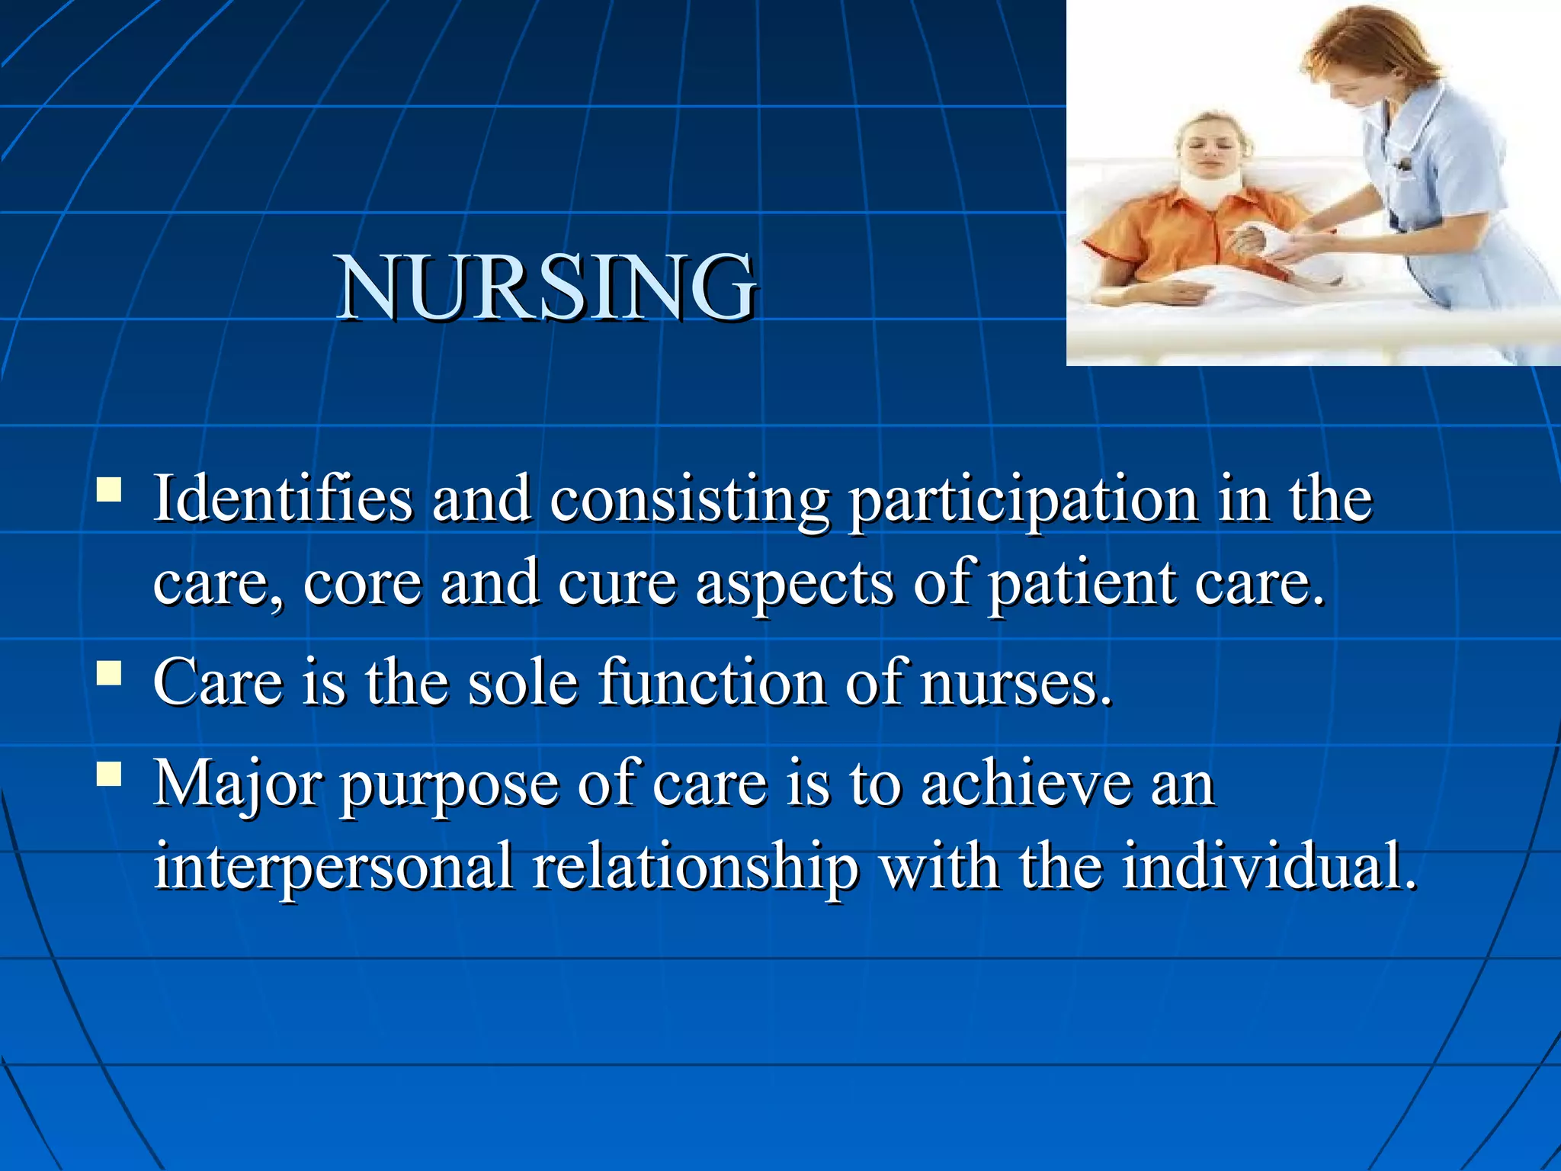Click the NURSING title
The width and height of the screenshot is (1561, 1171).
point(547,288)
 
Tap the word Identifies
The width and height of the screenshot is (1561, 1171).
point(282,499)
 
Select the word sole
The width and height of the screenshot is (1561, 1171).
point(523,683)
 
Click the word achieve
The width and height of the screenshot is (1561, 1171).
point(1026,784)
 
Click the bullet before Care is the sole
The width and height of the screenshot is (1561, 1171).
point(110,673)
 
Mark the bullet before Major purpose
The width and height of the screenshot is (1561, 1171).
point(110,773)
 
